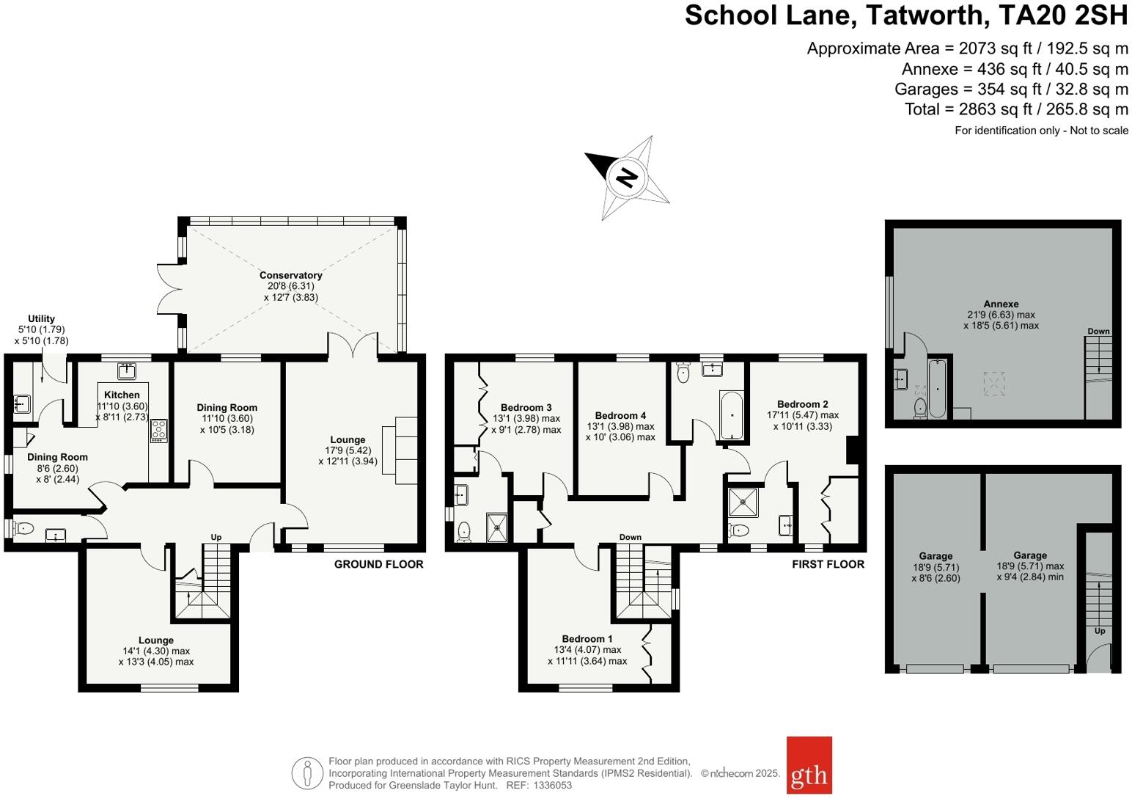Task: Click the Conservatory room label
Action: pos(291,276)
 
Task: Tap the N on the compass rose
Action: pos(626,177)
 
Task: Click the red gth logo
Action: pos(809,765)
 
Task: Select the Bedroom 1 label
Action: pos(587,639)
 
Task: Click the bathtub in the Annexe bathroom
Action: pos(937,388)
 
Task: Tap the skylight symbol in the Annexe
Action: pos(993,384)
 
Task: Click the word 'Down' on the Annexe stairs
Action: pos(1098,332)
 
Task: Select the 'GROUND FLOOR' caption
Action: pos(378,564)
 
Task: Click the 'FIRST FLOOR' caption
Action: pos(828,564)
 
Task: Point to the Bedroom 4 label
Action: pos(620,415)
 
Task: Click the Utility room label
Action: pos(41,319)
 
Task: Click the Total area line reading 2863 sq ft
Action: pos(1016,109)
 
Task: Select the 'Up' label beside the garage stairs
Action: pos(1099,631)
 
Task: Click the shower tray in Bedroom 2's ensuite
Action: pos(744,502)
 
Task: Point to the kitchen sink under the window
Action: pos(128,370)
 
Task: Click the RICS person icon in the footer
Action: pos(307,773)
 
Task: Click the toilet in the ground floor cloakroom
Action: pos(24,527)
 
